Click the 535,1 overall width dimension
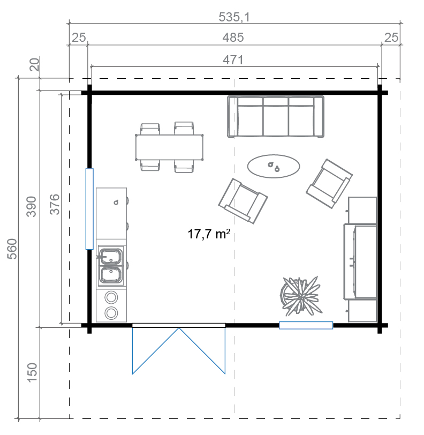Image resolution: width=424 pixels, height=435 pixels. [x=234, y=17]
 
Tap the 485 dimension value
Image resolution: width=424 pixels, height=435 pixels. [x=233, y=37]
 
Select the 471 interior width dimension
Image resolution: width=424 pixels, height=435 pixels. [x=233, y=60]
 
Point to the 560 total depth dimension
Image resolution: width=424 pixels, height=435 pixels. [x=12, y=249]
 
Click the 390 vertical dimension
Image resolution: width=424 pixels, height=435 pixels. [x=31, y=206]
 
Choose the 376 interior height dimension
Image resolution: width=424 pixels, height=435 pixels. [x=55, y=205]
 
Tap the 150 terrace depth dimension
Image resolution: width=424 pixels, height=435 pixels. [x=32, y=372]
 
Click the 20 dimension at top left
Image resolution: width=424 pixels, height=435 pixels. [x=35, y=64]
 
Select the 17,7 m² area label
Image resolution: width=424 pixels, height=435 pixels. [x=209, y=234]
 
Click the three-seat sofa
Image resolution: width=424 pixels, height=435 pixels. [x=276, y=117]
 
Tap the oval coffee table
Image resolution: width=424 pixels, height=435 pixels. [x=274, y=166]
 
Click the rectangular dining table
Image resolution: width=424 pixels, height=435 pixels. [x=169, y=147]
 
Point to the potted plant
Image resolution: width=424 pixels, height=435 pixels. [x=300, y=296]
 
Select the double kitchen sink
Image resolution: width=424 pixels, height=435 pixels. [x=111, y=266]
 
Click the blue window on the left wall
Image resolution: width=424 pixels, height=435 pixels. [x=89, y=209]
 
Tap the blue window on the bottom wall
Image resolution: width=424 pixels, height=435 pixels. [x=306, y=325]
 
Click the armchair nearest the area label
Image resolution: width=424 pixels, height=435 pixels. [x=243, y=201]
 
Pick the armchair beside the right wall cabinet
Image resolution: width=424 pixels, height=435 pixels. [x=329, y=183]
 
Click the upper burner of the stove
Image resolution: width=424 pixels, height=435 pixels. [x=111, y=297]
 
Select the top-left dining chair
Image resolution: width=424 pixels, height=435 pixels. [x=150, y=129]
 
